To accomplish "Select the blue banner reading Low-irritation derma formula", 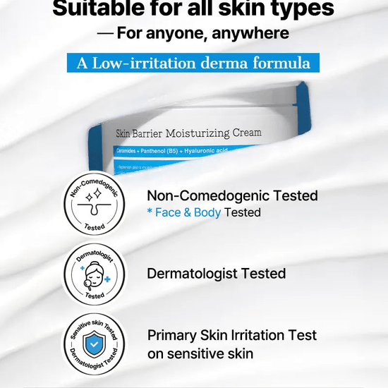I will point(193,63).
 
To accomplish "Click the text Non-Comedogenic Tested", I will point(232,195).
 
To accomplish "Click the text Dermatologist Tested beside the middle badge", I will point(216,274).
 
